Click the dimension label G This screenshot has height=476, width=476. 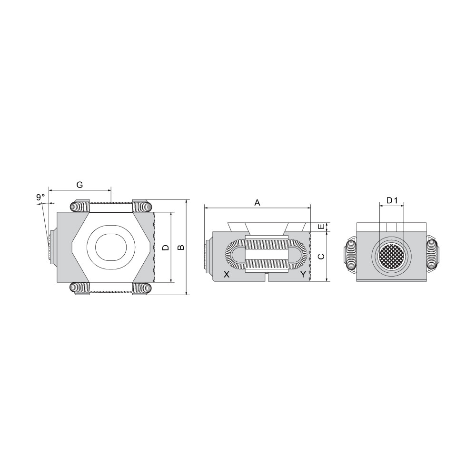pyautogui.click(x=79, y=185)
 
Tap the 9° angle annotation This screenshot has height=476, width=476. pyautogui.click(x=40, y=197)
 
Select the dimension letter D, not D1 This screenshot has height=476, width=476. pyautogui.click(x=166, y=248)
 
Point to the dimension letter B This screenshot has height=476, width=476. pyautogui.click(x=181, y=248)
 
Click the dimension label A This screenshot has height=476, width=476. pyautogui.click(x=257, y=202)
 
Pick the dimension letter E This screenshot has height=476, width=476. pyautogui.click(x=320, y=227)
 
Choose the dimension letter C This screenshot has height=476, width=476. pyautogui.click(x=320, y=256)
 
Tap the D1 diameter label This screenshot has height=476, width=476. pyautogui.click(x=392, y=200)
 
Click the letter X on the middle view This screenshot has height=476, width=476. pyautogui.click(x=227, y=275)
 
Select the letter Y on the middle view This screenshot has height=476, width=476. pyautogui.click(x=303, y=275)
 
